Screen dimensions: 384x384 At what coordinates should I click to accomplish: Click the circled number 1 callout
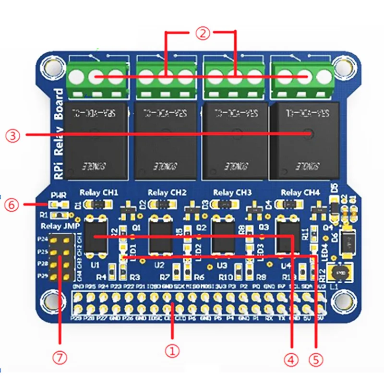coord(172,351)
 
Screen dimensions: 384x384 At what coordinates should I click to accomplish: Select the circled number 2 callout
coord(202,33)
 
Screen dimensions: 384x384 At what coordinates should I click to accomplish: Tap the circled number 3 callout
coord(14,135)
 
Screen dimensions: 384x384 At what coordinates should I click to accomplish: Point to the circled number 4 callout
coord(291,359)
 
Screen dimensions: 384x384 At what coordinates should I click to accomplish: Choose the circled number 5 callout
coord(315,359)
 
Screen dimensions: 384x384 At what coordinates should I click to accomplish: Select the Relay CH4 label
coord(300,192)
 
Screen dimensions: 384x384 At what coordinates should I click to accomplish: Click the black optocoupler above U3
coord(222,237)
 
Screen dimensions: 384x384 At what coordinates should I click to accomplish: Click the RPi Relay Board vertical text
coord(59,134)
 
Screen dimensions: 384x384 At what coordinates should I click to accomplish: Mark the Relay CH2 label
coord(165,192)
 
